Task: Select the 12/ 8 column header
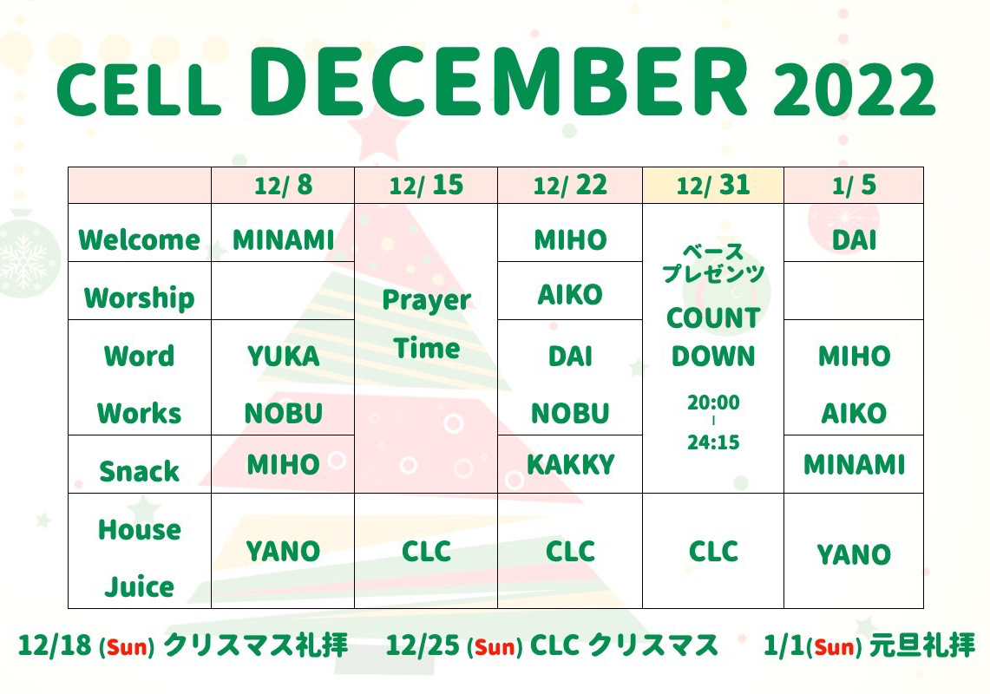pos(283,185)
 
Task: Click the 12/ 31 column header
pos(713,185)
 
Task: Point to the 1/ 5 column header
pos(854,185)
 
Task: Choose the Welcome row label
pos(139,240)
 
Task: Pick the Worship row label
pos(139,298)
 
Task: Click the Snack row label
pos(139,471)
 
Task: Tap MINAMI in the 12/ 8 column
pos(283,240)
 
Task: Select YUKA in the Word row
pos(283,357)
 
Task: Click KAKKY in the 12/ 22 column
pos(570,465)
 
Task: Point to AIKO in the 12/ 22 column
pos(570,295)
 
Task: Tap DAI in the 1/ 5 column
pos(854,240)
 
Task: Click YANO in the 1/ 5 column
pos(854,555)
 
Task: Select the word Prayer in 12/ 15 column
pos(427,300)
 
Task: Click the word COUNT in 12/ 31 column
pos(713,318)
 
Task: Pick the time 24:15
pos(713,442)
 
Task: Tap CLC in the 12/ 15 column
pos(427,551)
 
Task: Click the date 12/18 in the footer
pos(54,645)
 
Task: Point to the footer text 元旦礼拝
pos(922,645)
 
